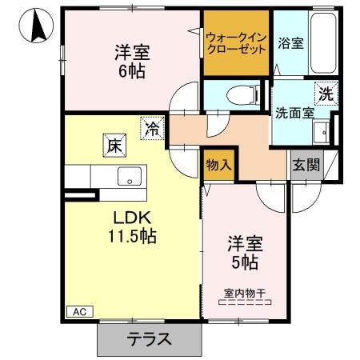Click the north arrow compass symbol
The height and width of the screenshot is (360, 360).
click(x=36, y=27)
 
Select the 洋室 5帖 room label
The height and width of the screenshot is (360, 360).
click(x=244, y=252)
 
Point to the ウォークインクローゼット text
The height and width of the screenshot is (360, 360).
click(x=236, y=42)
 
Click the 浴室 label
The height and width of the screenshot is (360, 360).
click(x=290, y=42)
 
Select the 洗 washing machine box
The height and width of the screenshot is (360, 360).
click(x=325, y=93)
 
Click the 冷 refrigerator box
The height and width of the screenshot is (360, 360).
click(x=150, y=128)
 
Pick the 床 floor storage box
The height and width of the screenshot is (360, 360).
click(x=114, y=146)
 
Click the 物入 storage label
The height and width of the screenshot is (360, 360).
click(x=220, y=166)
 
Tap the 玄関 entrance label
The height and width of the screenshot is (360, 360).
click(x=305, y=166)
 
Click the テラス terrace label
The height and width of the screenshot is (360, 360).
click(x=150, y=338)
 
